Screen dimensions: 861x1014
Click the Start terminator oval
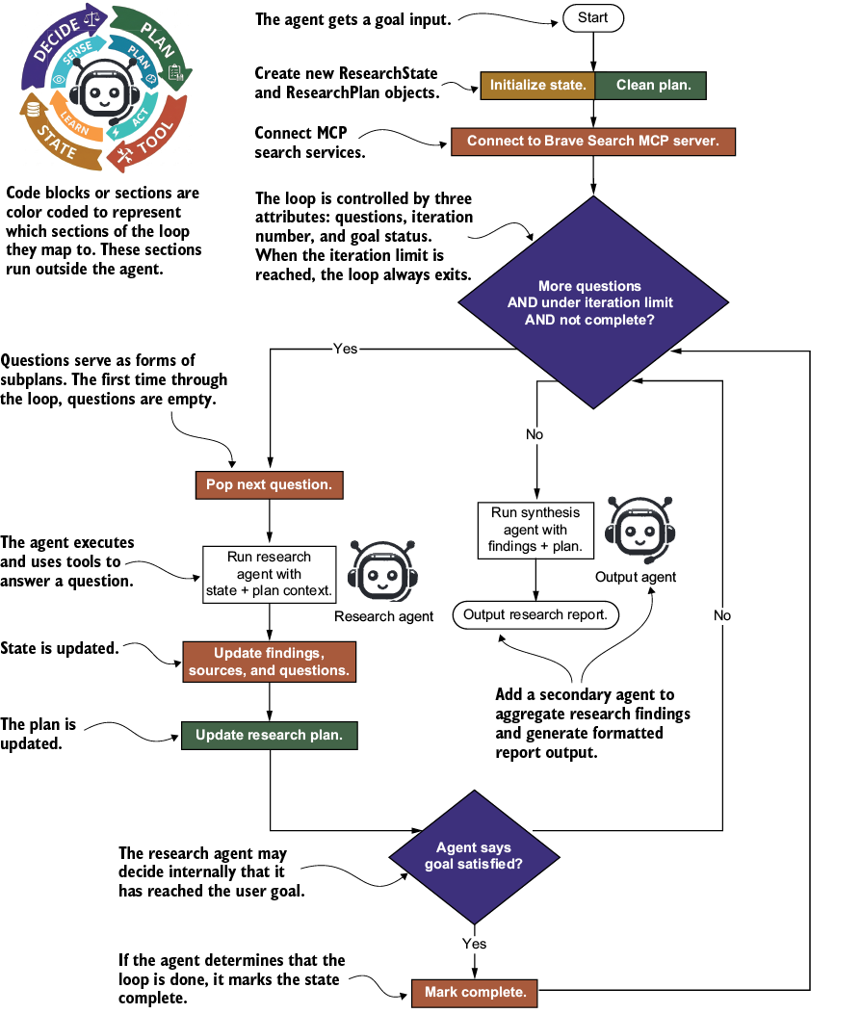[x=592, y=18]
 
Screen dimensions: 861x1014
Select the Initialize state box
[x=537, y=86]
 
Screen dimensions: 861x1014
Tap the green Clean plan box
[x=651, y=86]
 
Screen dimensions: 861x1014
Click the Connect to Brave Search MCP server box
[x=593, y=142]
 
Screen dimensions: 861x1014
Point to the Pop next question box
[x=269, y=485]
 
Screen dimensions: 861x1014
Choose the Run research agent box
[x=269, y=574]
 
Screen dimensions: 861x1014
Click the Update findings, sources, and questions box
[x=269, y=662]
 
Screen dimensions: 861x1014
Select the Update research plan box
[x=269, y=736]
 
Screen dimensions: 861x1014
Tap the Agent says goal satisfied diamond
[x=474, y=857]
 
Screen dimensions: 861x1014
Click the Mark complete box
[x=475, y=993]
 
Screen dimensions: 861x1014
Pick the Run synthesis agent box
[x=535, y=530]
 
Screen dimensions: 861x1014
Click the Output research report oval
[x=535, y=615]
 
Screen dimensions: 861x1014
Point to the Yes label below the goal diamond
[x=474, y=944]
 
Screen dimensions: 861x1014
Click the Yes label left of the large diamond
[x=346, y=349]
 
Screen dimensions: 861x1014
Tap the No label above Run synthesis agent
[x=535, y=434]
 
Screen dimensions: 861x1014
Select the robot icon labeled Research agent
[x=383, y=572]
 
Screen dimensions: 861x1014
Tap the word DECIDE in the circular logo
[x=58, y=39]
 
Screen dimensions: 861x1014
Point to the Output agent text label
[x=636, y=577]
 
